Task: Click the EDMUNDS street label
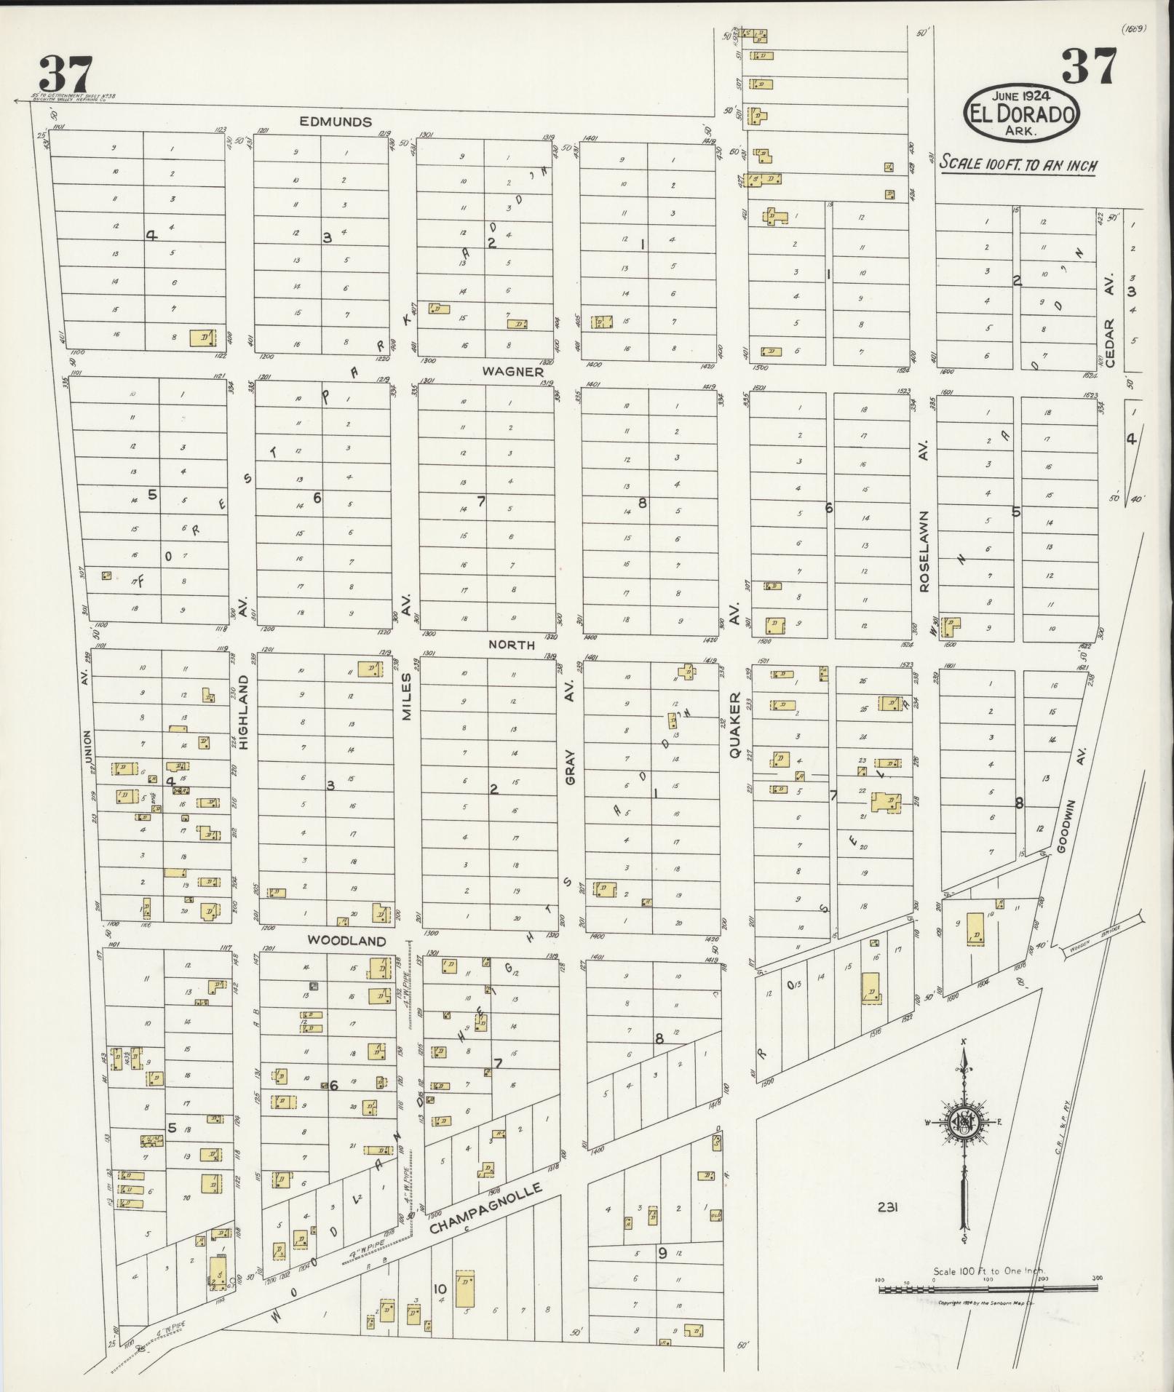[x=336, y=122]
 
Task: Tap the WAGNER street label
[x=512, y=372]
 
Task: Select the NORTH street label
[x=511, y=645]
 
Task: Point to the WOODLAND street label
[x=346, y=941]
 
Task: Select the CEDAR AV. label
[x=1111, y=322]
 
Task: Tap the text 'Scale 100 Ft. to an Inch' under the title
[x=1018, y=164]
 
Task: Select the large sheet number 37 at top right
[x=1088, y=67]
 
